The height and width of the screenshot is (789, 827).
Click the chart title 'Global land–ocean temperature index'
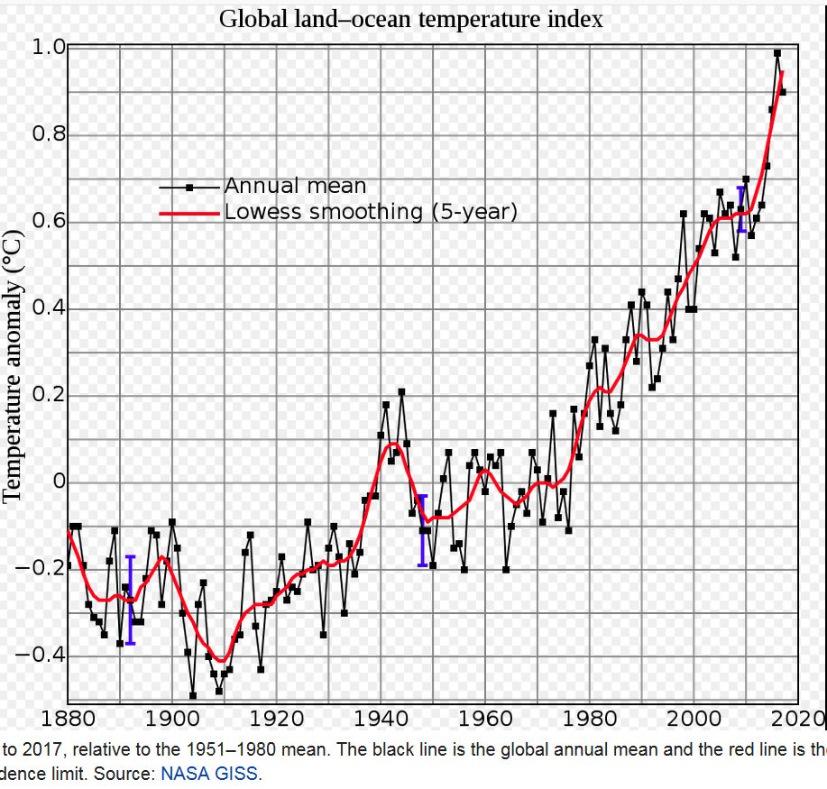(411, 19)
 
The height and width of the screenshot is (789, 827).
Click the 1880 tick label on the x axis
(68, 720)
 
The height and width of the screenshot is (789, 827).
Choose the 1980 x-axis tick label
(590, 720)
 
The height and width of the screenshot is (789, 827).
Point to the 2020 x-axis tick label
(797, 720)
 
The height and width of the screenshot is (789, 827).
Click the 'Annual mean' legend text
(295, 187)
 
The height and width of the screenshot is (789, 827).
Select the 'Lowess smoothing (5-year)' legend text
(371, 212)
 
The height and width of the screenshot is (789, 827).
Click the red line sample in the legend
(189, 213)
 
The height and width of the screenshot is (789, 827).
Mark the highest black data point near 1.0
(777, 52)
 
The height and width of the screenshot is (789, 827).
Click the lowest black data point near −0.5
(192, 695)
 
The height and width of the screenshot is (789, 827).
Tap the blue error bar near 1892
(130, 600)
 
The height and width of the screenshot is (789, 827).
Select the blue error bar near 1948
(421, 530)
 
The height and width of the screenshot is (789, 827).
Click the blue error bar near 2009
(741, 209)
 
